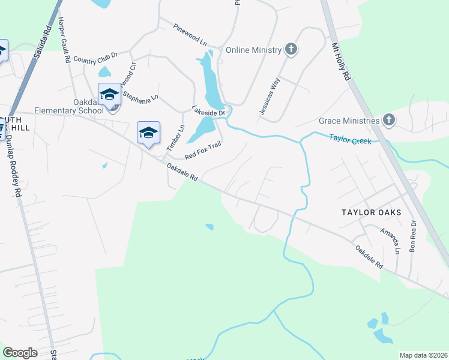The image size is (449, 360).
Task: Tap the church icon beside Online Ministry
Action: point(291,49)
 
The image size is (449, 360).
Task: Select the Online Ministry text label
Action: point(253,50)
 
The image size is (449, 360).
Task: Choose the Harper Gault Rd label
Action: point(65,40)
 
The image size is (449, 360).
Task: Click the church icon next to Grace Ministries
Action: point(389,120)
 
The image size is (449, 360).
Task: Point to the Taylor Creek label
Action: point(351,139)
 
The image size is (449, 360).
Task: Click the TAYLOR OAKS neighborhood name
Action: point(370,212)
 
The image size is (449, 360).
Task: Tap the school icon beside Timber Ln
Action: point(148,133)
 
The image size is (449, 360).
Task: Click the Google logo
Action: point(20,353)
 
